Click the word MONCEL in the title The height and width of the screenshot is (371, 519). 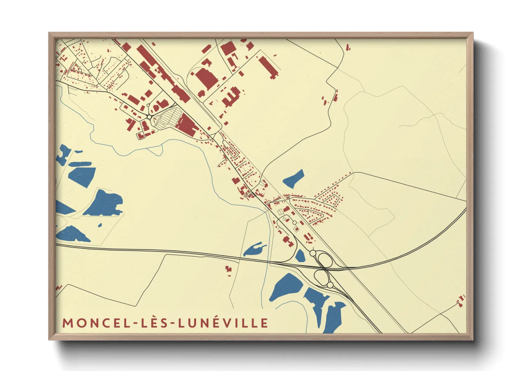coord(95,323)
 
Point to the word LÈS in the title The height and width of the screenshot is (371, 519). coord(156,323)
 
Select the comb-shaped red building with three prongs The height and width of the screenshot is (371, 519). coord(231,96)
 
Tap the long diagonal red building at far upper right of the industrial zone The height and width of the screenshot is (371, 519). coord(269,67)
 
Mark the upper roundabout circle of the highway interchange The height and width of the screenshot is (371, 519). coord(312,253)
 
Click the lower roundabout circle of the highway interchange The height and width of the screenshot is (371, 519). coord(330,285)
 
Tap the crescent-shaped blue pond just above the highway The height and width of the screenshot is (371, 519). coord(254,249)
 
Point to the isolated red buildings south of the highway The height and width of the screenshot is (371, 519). coord(229,270)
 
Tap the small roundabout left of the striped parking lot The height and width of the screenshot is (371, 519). coord(150,117)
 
